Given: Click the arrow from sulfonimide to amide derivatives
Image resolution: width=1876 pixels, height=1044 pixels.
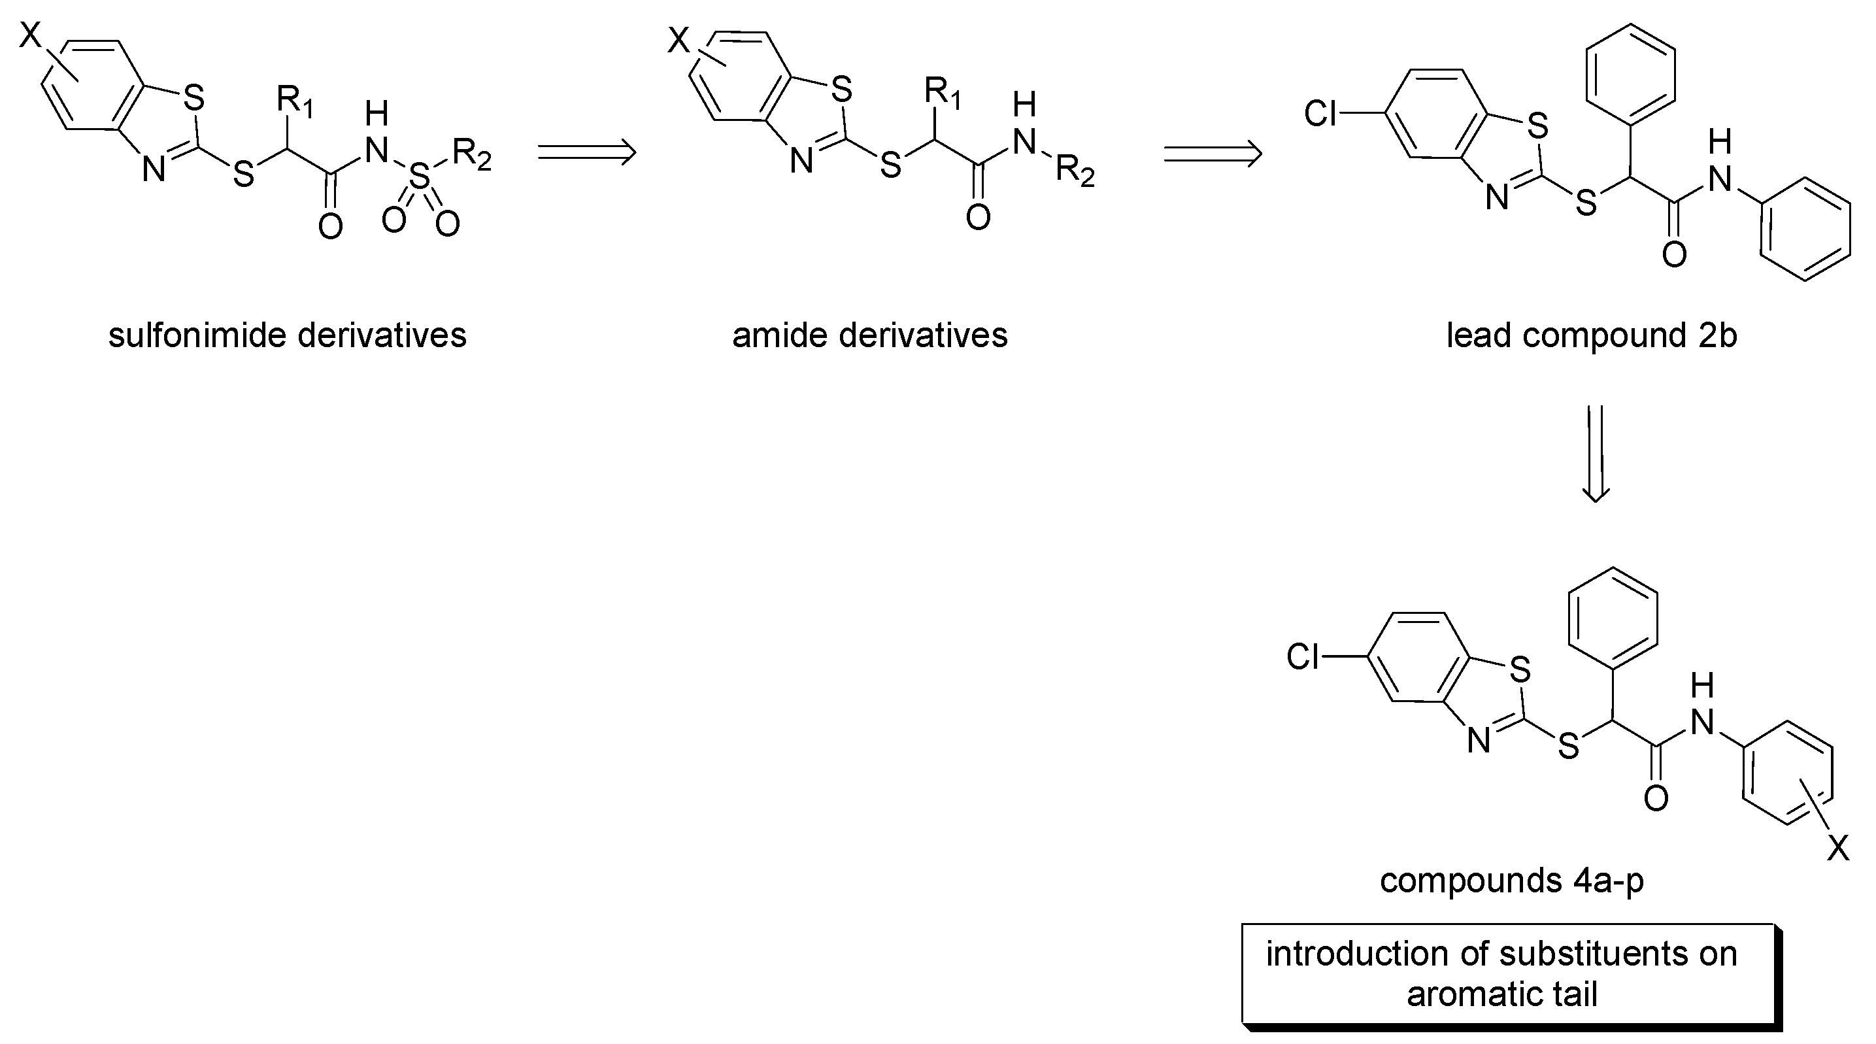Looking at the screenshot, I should (586, 152).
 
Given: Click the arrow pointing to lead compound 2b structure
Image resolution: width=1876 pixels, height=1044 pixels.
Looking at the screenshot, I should (1212, 154).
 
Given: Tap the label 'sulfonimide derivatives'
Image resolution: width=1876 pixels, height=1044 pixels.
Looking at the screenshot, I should (287, 336).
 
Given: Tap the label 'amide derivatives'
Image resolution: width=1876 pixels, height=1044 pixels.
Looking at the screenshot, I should (869, 336).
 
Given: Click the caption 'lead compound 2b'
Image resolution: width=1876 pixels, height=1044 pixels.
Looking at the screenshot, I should (1591, 336).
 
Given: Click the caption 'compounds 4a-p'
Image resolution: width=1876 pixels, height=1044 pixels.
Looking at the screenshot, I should (1512, 880).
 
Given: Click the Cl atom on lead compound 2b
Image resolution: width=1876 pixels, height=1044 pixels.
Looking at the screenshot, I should (1320, 114).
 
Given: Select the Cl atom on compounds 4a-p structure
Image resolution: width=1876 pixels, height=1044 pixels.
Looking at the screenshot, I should (1303, 657).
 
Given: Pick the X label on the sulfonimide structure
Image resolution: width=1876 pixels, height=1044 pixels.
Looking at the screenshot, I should (31, 34).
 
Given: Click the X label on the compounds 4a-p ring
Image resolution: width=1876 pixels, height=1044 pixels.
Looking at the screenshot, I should (1838, 848).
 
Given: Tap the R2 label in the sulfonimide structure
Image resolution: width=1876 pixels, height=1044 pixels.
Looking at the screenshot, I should (471, 154).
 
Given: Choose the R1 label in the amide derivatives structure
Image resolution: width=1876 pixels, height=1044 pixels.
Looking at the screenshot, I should (942, 93).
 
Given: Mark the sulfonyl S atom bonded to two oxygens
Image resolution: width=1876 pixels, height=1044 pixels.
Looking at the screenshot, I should (420, 177).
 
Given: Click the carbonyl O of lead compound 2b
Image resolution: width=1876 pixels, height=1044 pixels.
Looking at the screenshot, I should (1674, 255).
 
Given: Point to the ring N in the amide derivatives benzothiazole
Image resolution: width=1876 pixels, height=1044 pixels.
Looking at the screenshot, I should (801, 161).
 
